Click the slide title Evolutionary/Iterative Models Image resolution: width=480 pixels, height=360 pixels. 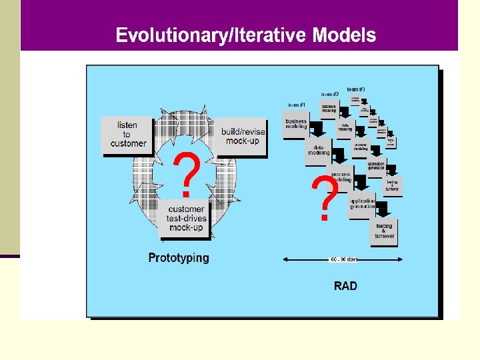pos(245,35)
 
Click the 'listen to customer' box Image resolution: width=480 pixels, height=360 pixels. pos(127,134)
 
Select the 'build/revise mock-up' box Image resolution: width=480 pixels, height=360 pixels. pos(243,136)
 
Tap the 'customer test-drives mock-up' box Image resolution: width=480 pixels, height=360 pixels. pos(187,218)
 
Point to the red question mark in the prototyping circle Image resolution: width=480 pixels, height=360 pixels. pos(188,171)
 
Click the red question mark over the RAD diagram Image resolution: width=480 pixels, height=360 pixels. pos(325,199)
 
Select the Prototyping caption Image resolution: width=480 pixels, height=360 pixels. pos(178,258)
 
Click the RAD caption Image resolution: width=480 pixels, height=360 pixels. pos(345,286)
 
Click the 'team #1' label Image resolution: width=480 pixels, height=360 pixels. pos(297,105)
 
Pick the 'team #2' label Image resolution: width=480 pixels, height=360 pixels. pos(329,94)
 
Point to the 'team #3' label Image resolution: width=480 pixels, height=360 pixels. pos(355,89)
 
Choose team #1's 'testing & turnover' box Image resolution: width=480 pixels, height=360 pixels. pos(384,231)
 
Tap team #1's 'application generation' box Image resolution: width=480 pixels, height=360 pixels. pos(362,203)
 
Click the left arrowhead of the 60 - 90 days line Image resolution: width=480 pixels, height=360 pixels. pos(286,259)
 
